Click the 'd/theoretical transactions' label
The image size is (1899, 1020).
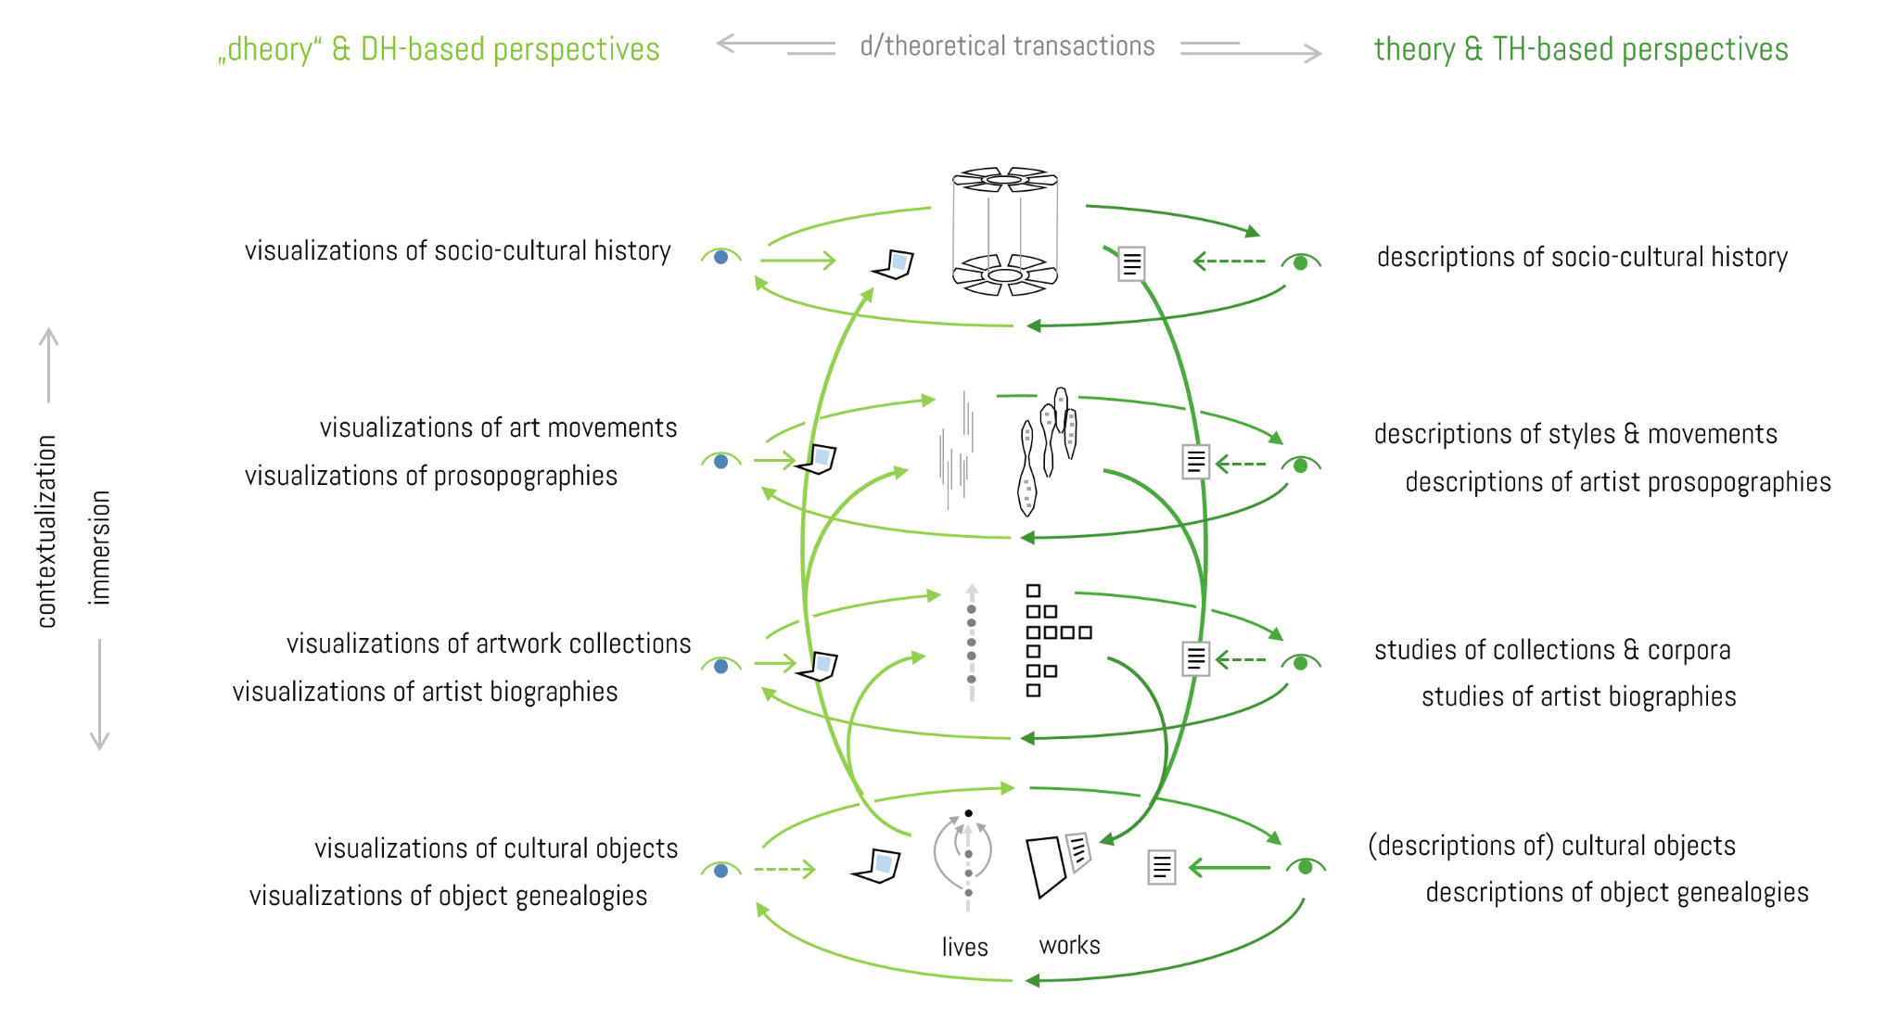(1007, 46)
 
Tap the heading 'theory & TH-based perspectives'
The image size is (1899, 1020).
(1580, 49)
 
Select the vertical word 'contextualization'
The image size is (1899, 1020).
(47, 531)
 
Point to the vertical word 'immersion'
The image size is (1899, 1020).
(99, 548)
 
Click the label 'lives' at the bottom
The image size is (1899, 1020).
(964, 947)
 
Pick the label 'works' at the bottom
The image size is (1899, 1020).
(1069, 945)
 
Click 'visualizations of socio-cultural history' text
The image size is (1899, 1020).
(457, 251)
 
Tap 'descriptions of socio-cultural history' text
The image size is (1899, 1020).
(1582, 257)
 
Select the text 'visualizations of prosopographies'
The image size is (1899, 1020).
(430, 476)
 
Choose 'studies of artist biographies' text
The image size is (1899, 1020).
(1578, 696)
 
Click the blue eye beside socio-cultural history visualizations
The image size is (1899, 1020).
(720, 257)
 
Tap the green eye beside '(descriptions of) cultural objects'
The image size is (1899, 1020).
(1306, 867)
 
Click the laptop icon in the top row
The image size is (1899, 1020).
(894, 264)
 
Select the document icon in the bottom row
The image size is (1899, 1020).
(1161, 867)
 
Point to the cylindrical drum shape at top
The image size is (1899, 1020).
(1005, 231)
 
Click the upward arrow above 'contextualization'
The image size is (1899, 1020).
(48, 363)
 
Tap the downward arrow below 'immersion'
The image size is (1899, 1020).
(99, 695)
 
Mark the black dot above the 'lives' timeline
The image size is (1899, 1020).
(968, 813)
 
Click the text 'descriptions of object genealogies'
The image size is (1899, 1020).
(1616, 892)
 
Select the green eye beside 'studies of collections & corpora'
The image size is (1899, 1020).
(1301, 662)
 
